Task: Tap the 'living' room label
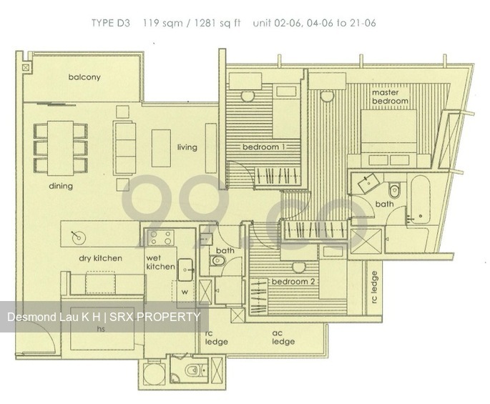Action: coord(187,147)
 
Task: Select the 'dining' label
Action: coord(61,186)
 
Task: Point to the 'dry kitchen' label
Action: coord(100,258)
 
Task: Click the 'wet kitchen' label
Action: coord(160,262)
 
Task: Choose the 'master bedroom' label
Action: coord(390,97)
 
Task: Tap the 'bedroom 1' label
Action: coord(263,147)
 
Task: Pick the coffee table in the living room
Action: coord(161,147)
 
